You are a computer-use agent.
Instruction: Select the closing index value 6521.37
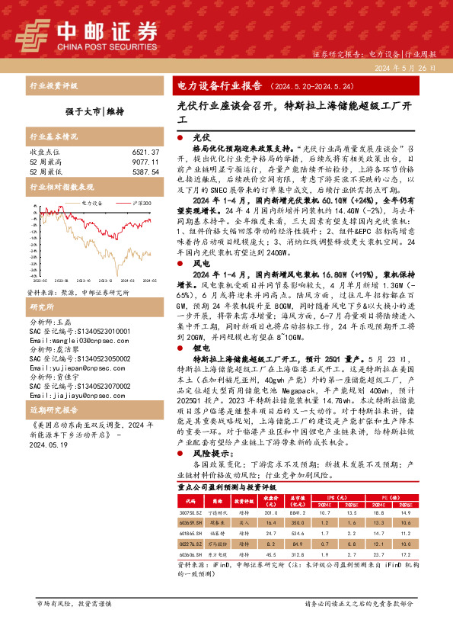pyautogui.click(x=143, y=152)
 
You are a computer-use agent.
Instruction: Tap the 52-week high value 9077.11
pyautogui.click(x=143, y=162)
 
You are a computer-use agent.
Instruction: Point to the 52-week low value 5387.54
pyautogui.click(x=143, y=172)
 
